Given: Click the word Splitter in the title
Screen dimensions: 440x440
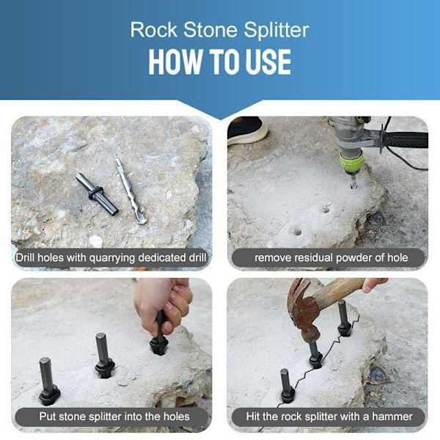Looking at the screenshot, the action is pyautogui.click(x=276, y=30).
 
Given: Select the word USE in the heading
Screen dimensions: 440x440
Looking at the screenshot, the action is pyautogui.click(x=268, y=62).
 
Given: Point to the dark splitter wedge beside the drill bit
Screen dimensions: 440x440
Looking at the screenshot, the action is pyautogui.click(x=97, y=194).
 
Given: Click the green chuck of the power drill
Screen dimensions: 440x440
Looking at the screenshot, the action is pyautogui.click(x=351, y=162).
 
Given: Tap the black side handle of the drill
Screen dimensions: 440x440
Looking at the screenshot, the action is pyautogui.click(x=405, y=140).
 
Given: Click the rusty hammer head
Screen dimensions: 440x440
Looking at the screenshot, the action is pyautogui.click(x=304, y=308).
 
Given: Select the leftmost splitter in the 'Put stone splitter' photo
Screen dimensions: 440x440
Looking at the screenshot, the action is pyautogui.click(x=48, y=381).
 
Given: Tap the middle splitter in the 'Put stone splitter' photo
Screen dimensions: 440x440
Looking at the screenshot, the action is pyautogui.click(x=104, y=355).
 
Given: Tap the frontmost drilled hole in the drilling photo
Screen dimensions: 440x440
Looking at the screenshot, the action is pyautogui.click(x=298, y=232).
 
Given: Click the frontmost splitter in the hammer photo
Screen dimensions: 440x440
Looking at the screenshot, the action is pyautogui.click(x=287, y=386).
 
